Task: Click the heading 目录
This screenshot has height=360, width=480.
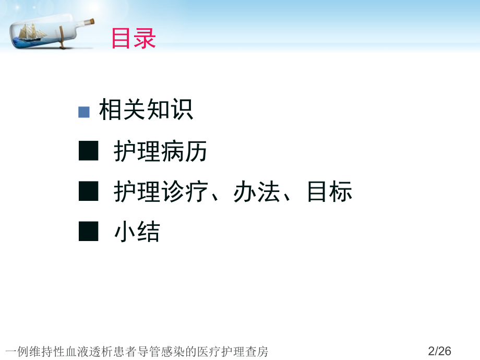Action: [x=134, y=39]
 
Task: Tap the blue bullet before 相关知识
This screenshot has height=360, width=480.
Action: [x=84, y=112]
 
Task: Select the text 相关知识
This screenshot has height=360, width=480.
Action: [x=146, y=110]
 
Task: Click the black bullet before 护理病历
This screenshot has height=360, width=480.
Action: [x=88, y=152]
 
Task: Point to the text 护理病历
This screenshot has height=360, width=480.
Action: [x=161, y=152]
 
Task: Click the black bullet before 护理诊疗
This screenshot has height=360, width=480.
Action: [x=88, y=191]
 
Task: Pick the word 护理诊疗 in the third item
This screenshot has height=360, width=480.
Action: [x=161, y=192]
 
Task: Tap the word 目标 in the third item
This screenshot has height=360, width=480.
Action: [x=329, y=192]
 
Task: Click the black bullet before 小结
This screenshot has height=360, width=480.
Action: [x=88, y=231]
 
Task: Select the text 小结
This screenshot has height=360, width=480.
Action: [x=137, y=232]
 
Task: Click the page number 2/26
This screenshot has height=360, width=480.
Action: [x=439, y=351]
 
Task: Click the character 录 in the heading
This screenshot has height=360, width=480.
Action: [x=145, y=39]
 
